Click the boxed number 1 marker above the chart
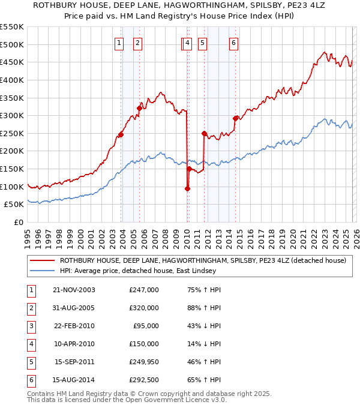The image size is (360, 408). (x=119, y=43)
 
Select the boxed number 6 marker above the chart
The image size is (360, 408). (x=233, y=43)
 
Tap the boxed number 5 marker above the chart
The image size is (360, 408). (x=202, y=43)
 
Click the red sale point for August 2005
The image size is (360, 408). (x=139, y=108)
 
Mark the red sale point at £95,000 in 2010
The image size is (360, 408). (x=187, y=188)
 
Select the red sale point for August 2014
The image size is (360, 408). (x=235, y=118)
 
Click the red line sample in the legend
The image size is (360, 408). (x=41, y=261)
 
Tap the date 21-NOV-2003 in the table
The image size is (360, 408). (x=74, y=290)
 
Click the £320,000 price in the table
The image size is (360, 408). (x=144, y=308)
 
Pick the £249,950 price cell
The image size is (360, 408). (x=144, y=362)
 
